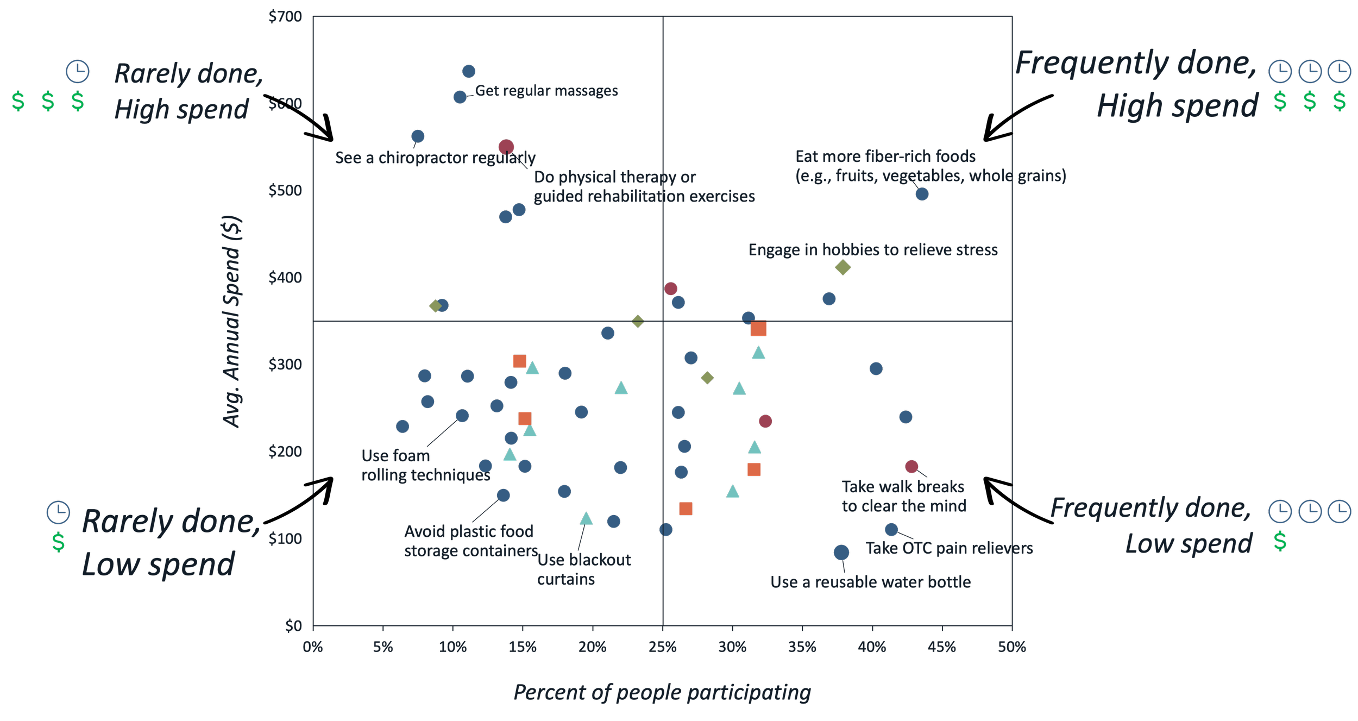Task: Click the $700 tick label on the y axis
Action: pyautogui.click(x=285, y=17)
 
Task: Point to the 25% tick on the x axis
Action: pyautogui.click(x=662, y=647)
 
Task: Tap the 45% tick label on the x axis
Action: pyautogui.click(x=941, y=647)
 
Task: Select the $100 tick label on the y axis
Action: pyautogui.click(x=285, y=538)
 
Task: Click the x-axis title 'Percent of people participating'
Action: pyautogui.click(x=662, y=692)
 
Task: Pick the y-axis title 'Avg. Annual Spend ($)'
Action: pyautogui.click(x=232, y=322)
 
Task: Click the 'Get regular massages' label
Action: pyautogui.click(x=546, y=91)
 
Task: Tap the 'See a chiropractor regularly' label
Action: pyautogui.click(x=435, y=158)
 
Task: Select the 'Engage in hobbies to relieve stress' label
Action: pyautogui.click(x=873, y=250)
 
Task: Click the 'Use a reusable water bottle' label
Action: pyautogui.click(x=870, y=582)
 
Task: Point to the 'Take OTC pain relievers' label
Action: pyautogui.click(x=949, y=548)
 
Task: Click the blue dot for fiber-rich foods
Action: pyautogui.click(x=922, y=194)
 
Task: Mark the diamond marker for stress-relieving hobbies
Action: pyautogui.click(x=843, y=267)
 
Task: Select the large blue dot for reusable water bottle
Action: pyautogui.click(x=841, y=553)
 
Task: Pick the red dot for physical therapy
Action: pyautogui.click(x=506, y=147)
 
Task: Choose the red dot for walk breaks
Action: pyautogui.click(x=911, y=467)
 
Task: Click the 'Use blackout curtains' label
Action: pyautogui.click(x=583, y=569)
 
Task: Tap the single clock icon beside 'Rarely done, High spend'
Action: pyautogui.click(x=78, y=72)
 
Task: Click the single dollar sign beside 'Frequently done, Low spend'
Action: pyautogui.click(x=1280, y=542)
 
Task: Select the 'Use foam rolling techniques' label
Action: pyautogui.click(x=425, y=466)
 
